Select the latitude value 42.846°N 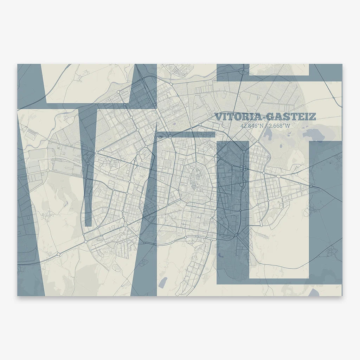tap(252, 126)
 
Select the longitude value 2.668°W tap(279, 126)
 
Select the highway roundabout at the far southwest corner tap(58, 254)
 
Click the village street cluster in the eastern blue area tap(330, 251)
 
